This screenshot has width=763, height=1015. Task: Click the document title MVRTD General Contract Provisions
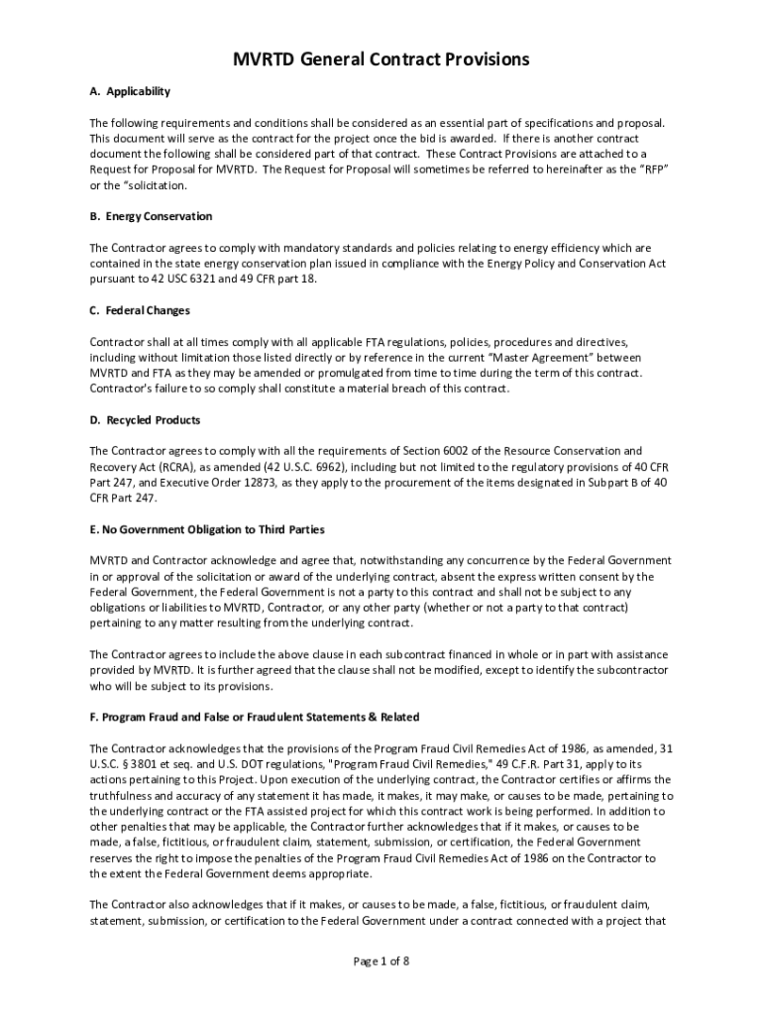tap(381, 59)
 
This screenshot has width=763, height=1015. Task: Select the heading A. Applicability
tap(130, 91)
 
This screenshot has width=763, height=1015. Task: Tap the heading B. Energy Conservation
tap(151, 216)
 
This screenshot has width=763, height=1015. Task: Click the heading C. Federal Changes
tap(140, 310)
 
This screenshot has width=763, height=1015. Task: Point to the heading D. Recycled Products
tap(145, 420)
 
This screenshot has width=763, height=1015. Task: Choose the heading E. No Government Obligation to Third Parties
tap(207, 529)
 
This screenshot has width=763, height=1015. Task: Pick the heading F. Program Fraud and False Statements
tap(255, 717)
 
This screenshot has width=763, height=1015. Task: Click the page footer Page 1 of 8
tap(381, 960)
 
